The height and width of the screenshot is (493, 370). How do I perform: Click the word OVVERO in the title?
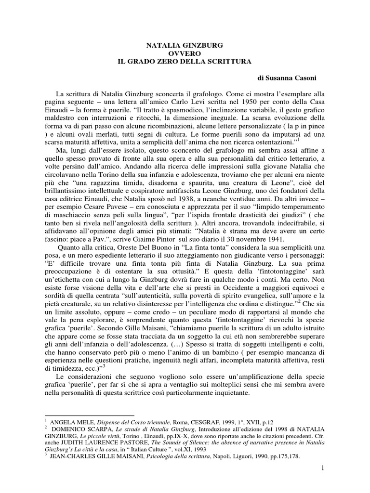click(x=185, y=53)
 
